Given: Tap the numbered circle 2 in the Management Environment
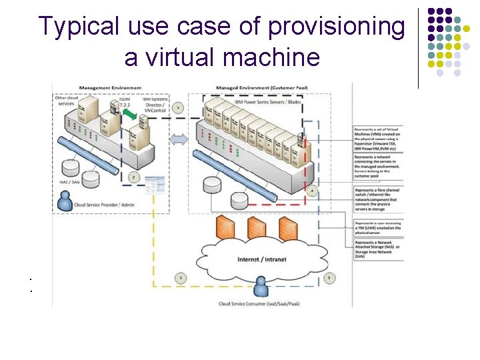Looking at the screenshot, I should (134, 177).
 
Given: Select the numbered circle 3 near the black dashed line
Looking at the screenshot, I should (178, 108).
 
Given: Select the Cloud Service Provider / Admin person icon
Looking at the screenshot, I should (65, 199).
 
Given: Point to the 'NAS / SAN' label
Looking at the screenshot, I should (70, 181).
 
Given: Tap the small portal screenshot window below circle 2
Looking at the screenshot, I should (155, 182).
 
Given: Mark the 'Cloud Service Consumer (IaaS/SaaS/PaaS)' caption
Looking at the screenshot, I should (259, 304).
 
